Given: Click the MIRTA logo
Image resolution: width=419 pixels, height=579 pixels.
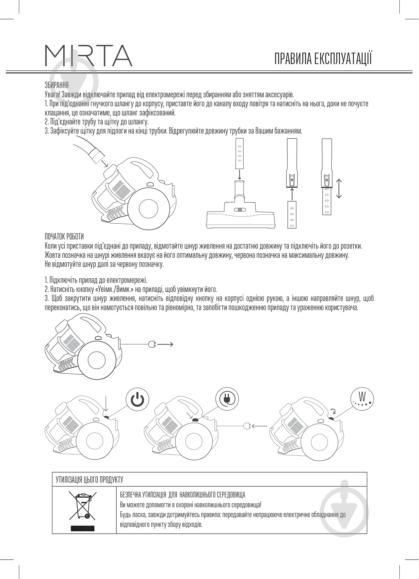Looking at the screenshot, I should coord(88,56).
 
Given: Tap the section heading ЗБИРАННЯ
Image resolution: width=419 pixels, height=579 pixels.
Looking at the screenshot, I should coord(56,85).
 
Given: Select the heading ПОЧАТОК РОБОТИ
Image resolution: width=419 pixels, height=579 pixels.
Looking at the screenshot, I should coord(64,236).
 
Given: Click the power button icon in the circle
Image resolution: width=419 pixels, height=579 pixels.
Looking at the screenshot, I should coord(137,399).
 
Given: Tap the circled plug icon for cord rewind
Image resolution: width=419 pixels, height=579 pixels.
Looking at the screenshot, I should coord(227,399).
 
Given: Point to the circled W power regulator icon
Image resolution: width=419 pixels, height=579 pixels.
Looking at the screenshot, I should coord(362,399).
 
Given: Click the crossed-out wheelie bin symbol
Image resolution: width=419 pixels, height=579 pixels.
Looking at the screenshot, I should coord(80,505).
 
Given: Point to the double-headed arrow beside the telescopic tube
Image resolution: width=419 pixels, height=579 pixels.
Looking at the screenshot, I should coord(339,188).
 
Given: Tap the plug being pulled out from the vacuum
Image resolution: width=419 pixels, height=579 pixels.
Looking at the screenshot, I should coord(152,344).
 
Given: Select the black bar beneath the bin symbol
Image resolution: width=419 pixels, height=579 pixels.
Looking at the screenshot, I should coord(82,528).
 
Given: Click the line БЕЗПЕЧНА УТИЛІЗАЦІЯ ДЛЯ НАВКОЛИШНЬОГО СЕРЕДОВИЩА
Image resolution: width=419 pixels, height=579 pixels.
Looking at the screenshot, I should coord(183,495).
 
